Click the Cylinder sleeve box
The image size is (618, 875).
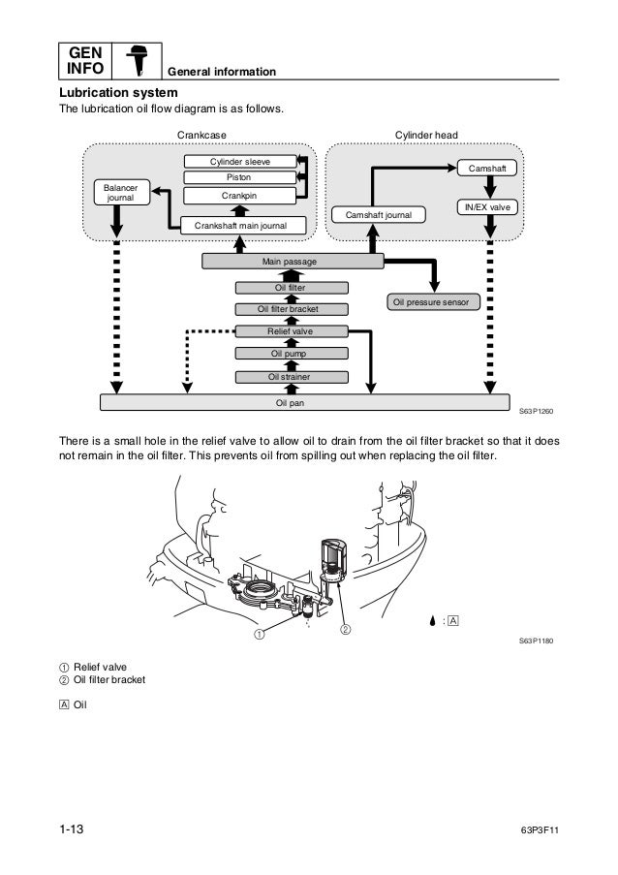239,161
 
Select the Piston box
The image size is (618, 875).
239,177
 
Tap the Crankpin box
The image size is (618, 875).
239,196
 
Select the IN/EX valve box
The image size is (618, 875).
487,207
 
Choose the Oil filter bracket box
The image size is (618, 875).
288,309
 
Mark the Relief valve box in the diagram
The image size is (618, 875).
288,331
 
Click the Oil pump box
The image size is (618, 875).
288,355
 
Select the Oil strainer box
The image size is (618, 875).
288,377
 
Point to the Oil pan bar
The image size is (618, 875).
305,401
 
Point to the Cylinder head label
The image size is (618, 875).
426,134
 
